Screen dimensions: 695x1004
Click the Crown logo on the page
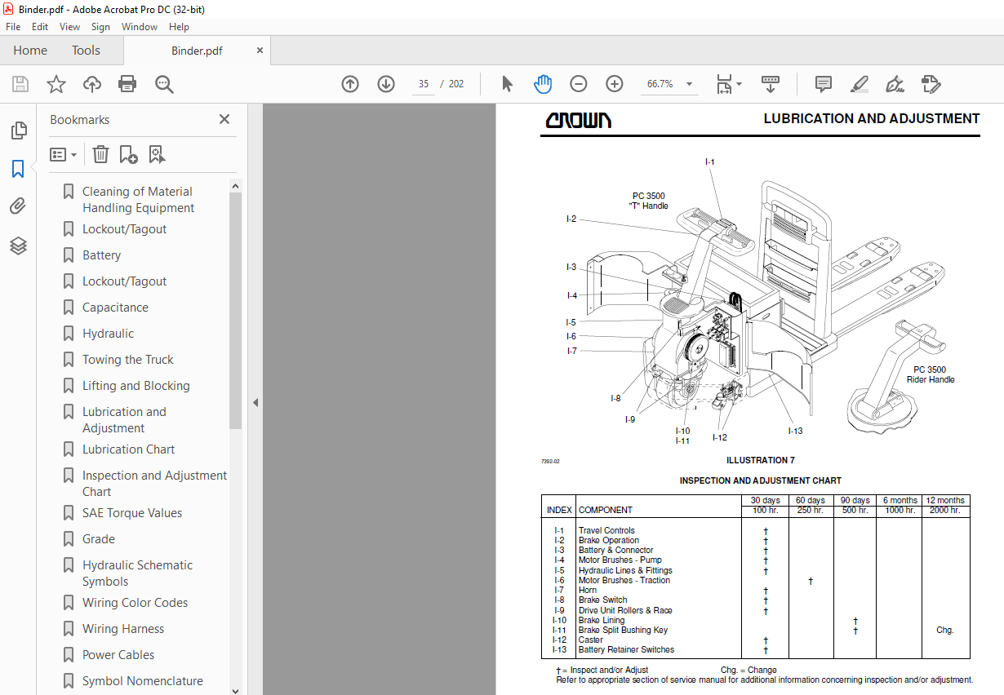coord(578,120)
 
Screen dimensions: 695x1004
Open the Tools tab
coord(86,51)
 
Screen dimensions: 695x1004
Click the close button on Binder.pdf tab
coord(260,51)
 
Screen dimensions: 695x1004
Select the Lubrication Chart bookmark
coord(128,449)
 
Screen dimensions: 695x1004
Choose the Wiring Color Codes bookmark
coord(135,603)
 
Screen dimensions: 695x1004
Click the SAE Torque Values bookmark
coord(131,513)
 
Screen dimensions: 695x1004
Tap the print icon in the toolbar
coord(127,84)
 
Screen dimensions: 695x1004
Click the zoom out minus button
coord(578,84)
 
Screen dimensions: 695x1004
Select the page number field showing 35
coord(424,84)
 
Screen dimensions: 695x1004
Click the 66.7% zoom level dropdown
coord(669,84)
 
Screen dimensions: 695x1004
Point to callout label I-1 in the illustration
coord(709,162)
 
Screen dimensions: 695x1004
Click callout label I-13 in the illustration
coord(795,431)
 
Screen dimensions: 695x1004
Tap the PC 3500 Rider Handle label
coord(930,374)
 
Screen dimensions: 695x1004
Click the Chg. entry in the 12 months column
coord(945,630)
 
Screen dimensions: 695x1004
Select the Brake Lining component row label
coord(602,620)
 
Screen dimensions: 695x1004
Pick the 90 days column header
coord(855,500)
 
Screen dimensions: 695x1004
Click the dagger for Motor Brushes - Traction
coord(810,581)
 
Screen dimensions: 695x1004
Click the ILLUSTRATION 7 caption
coord(760,460)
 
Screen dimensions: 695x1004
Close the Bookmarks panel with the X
coord(224,120)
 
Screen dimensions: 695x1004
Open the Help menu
coord(179,27)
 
